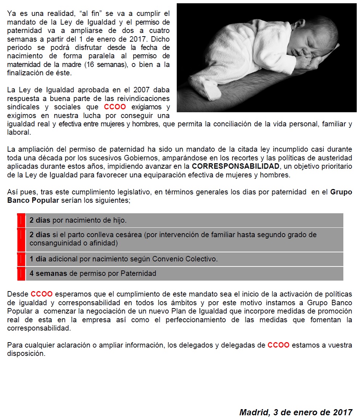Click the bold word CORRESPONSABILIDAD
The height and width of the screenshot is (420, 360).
236,166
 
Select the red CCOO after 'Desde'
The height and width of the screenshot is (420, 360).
42,294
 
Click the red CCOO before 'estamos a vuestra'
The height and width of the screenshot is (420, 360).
279,345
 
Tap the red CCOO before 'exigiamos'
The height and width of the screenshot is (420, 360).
115,107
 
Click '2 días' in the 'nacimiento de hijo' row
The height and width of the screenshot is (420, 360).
40,220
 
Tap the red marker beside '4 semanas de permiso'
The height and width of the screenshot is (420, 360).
21,274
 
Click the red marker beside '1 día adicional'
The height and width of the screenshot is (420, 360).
21,259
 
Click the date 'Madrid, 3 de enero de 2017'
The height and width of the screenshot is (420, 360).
296,412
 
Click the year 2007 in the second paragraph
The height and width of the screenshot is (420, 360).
144,90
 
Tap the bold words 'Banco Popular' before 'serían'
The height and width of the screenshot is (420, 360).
33,200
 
